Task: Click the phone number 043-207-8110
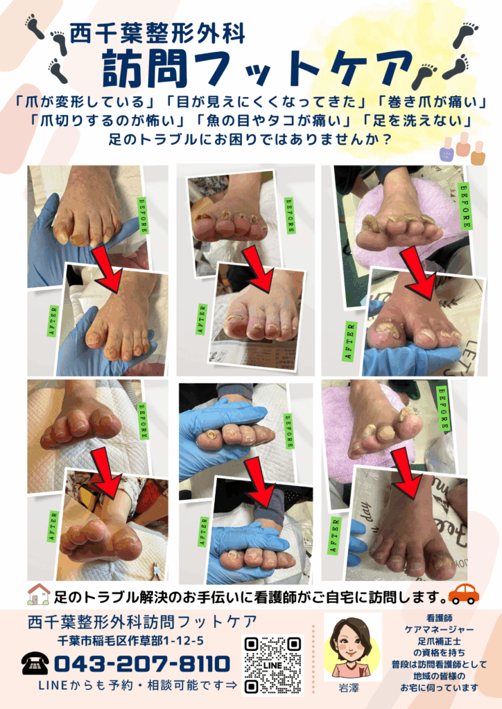click(142, 664)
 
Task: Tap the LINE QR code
click(273, 665)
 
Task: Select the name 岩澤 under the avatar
click(349, 688)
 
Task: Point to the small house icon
click(39, 594)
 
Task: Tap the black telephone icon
click(35, 664)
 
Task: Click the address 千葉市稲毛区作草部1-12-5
click(130, 640)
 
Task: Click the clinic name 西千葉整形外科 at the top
click(157, 33)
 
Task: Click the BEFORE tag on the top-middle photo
click(290, 215)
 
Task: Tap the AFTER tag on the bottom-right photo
click(335, 536)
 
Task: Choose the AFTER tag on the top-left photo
click(53, 321)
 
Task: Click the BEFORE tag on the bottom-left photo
click(143, 421)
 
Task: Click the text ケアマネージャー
click(440, 629)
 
